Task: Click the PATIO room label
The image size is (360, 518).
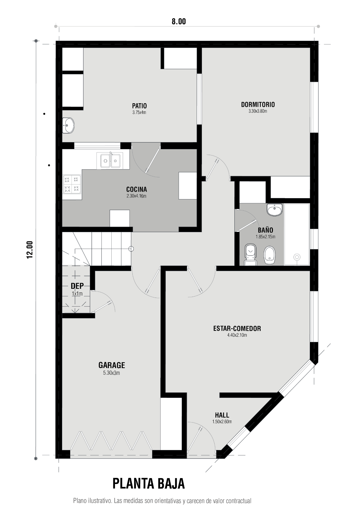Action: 139,106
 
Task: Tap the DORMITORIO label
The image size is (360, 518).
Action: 258,105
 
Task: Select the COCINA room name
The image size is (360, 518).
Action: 136,189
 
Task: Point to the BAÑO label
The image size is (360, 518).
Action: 265,230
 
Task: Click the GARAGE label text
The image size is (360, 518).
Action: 112,365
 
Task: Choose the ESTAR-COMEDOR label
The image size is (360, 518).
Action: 237,328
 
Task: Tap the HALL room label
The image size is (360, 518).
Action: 222,415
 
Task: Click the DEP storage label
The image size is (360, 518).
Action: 77,286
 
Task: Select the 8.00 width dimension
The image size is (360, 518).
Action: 179,21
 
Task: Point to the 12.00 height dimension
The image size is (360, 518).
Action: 30,250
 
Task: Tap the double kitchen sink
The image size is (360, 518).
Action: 110,160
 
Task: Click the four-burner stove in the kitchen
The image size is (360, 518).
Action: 72,184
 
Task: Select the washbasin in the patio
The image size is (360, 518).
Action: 68,125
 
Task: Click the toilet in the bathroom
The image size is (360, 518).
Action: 250,254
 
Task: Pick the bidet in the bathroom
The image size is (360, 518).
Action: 270,255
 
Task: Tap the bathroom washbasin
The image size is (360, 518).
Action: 275,210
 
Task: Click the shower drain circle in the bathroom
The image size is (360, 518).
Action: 297,257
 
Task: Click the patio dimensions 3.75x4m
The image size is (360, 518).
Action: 139,113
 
